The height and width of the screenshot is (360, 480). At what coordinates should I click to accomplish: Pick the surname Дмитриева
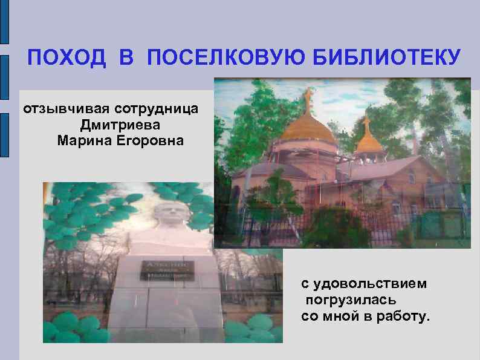pos(128,125)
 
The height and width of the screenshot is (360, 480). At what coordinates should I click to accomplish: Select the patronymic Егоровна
pos(152,142)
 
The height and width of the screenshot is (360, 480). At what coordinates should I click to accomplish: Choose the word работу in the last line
pos(401,316)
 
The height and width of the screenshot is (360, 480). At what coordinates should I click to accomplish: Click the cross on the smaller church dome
pos(366,121)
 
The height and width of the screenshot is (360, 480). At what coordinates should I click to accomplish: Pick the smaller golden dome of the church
pos(368,143)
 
